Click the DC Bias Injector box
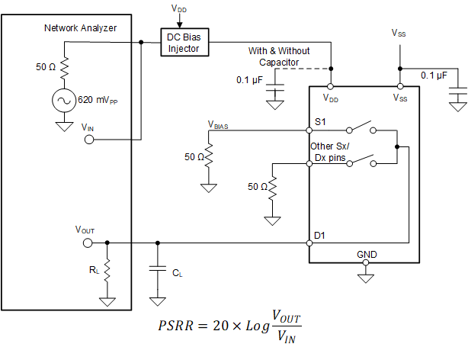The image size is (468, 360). [x=183, y=43]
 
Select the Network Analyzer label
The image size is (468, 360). [x=79, y=28]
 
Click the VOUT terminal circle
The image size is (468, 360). [x=87, y=243]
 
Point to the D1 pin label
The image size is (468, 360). [x=321, y=236]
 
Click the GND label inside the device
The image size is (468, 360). [x=367, y=254]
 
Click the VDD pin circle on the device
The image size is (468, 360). [x=332, y=86]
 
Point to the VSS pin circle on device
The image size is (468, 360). [x=399, y=86]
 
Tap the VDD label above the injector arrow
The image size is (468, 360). [x=178, y=9]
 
